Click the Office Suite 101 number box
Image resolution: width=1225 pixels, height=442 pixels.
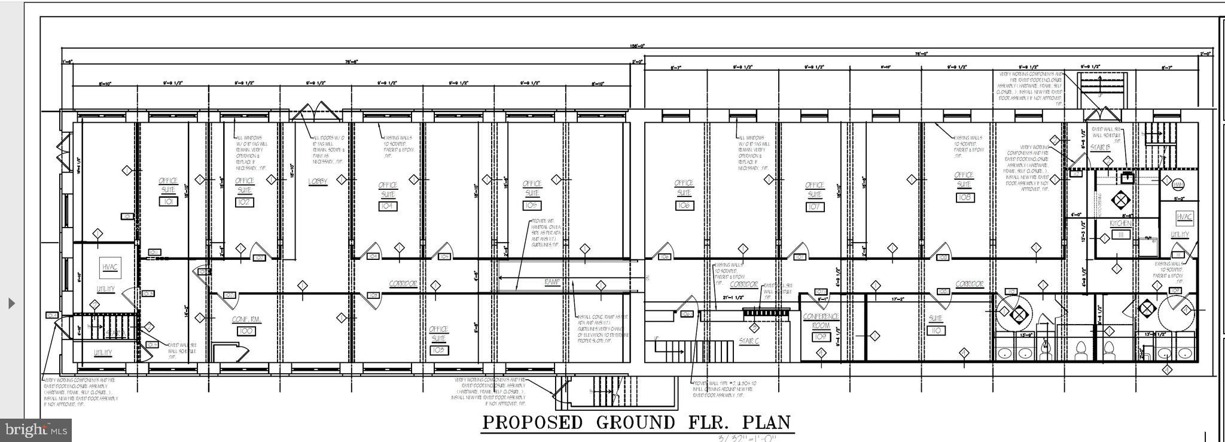point(168,202)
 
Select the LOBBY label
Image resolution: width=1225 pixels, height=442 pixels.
point(318,181)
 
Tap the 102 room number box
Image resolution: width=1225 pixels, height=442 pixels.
point(244,202)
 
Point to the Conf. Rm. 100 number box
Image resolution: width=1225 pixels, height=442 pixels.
point(244,331)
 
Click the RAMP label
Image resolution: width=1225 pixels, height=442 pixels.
point(551,281)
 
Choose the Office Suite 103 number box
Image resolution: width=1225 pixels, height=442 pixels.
point(438,350)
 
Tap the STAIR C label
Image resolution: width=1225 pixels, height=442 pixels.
point(749,341)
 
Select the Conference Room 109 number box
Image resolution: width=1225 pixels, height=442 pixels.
point(820,337)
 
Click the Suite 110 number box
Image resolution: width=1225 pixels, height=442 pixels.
point(936,331)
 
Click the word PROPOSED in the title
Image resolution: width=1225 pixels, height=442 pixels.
point(532,422)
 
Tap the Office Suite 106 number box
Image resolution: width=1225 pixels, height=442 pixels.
point(684,205)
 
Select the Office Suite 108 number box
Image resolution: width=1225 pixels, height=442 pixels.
point(964,197)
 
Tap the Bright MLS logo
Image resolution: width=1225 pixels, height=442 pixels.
point(36,429)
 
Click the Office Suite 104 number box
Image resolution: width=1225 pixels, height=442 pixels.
point(388,205)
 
